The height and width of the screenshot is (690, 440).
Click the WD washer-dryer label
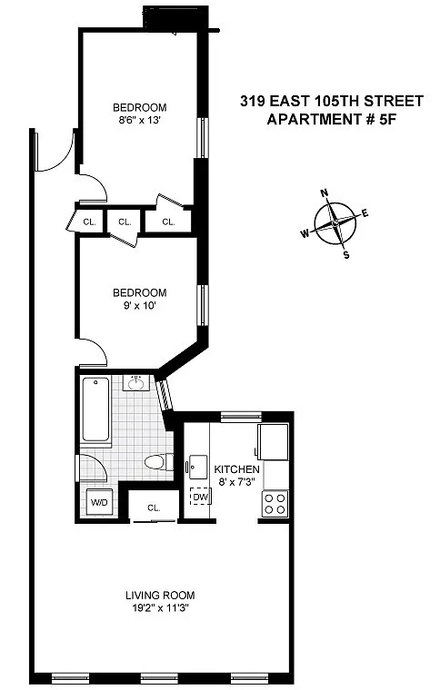tap(99, 503)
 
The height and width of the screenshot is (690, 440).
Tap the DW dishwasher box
tap(199, 497)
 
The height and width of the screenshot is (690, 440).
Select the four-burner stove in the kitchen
tap(275, 504)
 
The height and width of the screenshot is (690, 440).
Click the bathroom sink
tap(136, 383)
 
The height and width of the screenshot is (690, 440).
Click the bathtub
tap(95, 409)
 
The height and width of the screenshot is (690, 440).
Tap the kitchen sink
tap(198, 468)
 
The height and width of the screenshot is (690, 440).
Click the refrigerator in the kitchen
tap(273, 442)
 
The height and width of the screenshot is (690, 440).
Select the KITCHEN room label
tap(236, 469)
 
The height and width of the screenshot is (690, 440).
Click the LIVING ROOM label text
tap(160, 596)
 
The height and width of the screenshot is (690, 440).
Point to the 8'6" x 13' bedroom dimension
tap(139, 120)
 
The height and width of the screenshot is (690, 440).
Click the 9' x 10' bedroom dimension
tap(140, 305)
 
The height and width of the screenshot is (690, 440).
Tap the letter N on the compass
tap(325, 192)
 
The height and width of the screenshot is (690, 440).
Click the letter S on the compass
tap(346, 255)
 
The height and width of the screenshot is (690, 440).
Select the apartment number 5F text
tap(384, 119)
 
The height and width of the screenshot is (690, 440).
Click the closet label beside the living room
tap(154, 508)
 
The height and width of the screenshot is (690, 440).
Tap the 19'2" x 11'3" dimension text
tap(160, 608)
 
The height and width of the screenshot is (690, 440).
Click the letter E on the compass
tap(365, 213)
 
